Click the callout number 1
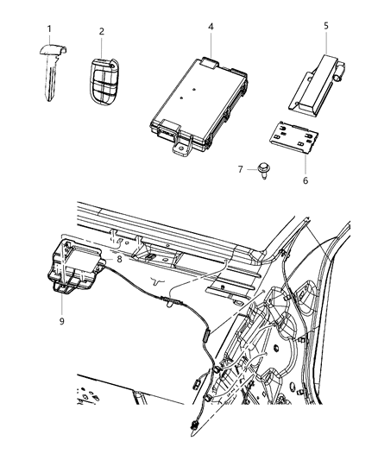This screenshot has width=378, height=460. coord(48,30)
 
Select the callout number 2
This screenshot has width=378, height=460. coord(101,32)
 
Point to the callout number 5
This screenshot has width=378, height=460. coord(325,26)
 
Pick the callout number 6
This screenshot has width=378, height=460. coord(304,180)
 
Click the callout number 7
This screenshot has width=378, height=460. coord(242,169)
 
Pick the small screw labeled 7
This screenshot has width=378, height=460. coord(260,171)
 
